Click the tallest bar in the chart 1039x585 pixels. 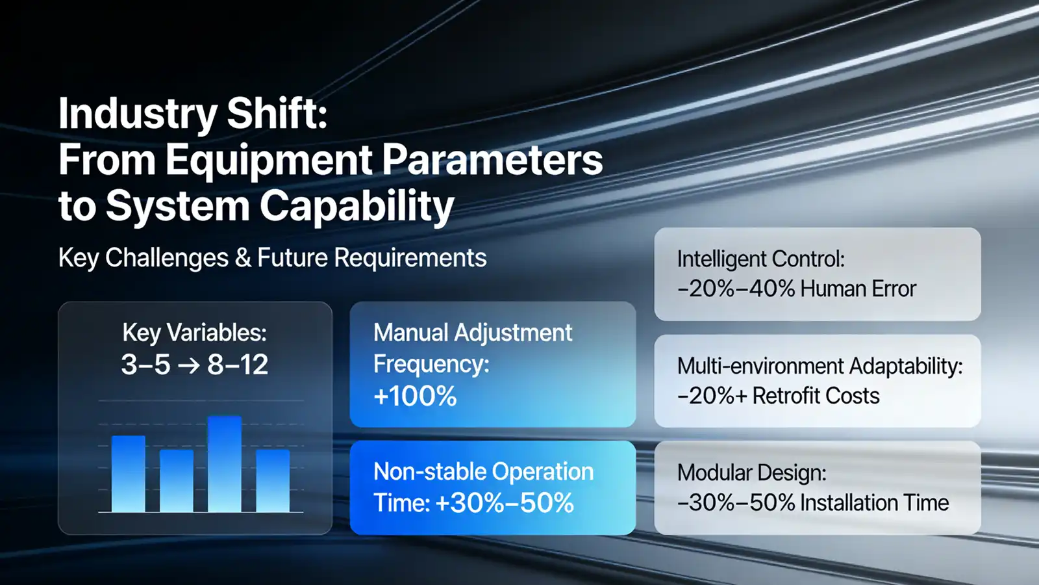pyautogui.click(x=225, y=465)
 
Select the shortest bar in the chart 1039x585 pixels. pyautogui.click(x=177, y=481)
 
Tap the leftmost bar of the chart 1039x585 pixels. pyautogui.click(x=129, y=474)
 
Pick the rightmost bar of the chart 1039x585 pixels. pyautogui.click(x=273, y=481)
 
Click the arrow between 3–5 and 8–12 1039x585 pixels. pyautogui.click(x=189, y=365)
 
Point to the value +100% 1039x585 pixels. pyautogui.click(x=415, y=396)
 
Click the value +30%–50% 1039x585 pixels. pyautogui.click(x=505, y=502)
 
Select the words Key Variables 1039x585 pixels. pyautogui.click(x=194, y=333)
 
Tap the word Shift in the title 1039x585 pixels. pyautogui.click(x=277, y=113)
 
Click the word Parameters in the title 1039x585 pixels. pyautogui.click(x=492, y=160)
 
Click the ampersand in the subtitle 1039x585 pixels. pyautogui.click(x=243, y=258)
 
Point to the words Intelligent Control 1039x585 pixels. pyautogui.click(x=760, y=259)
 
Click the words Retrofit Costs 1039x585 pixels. pyautogui.click(x=816, y=396)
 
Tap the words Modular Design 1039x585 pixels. pyautogui.click(x=751, y=473)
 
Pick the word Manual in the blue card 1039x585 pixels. pyautogui.click(x=411, y=333)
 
